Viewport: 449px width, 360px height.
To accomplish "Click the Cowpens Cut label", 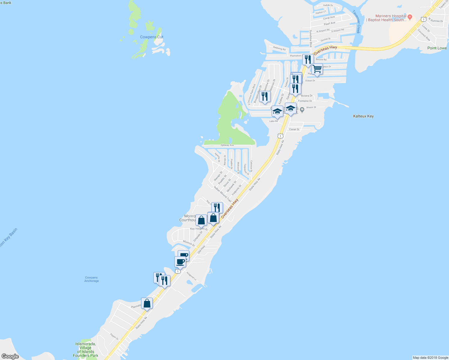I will pyautogui.click(x=152, y=37).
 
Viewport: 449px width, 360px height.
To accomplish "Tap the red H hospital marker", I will pyautogui.click(x=410, y=16).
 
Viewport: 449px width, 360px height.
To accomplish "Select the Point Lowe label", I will pyautogui.click(x=437, y=48).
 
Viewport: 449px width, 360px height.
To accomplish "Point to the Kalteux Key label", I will pyautogui.click(x=363, y=116).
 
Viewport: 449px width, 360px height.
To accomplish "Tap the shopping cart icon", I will pyautogui.click(x=317, y=69).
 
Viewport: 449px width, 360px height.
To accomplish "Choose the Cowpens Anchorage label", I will pyautogui.click(x=92, y=279).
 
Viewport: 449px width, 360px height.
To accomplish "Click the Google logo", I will pyautogui.click(x=10, y=356).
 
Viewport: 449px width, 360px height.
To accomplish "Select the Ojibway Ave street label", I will pyautogui.click(x=227, y=145).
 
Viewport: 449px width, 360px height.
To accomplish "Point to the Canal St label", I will pyautogui.click(x=294, y=130).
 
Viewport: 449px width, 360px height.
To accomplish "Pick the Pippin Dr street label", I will pyautogui.click(x=114, y=337).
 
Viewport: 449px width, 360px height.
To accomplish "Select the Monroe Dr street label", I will pyautogui.click(x=189, y=243).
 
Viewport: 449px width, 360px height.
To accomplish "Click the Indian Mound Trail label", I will pyautogui.click(x=222, y=194).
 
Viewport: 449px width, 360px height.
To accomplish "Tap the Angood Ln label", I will pyautogui.click(x=191, y=276).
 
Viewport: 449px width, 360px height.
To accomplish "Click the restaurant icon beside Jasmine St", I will pyautogui.click(x=265, y=97).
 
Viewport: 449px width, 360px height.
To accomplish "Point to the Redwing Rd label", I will pyautogui.click(x=279, y=49).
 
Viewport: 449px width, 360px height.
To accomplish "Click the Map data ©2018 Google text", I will pyautogui.click(x=430, y=358).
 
